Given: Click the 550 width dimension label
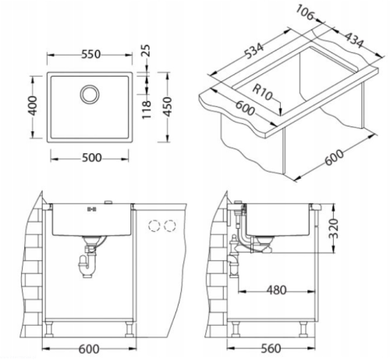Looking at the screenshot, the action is (90, 55).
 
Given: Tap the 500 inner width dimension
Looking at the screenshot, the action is (91, 158).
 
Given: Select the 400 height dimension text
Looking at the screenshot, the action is (33, 105).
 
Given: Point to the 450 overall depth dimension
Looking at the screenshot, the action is (168, 107).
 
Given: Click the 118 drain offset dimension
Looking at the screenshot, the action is (147, 109).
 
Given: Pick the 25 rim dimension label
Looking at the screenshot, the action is (147, 51).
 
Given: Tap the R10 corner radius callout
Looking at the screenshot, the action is (262, 93).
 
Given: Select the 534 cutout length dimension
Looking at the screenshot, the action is (254, 51).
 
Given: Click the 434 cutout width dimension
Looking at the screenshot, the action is (354, 40).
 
